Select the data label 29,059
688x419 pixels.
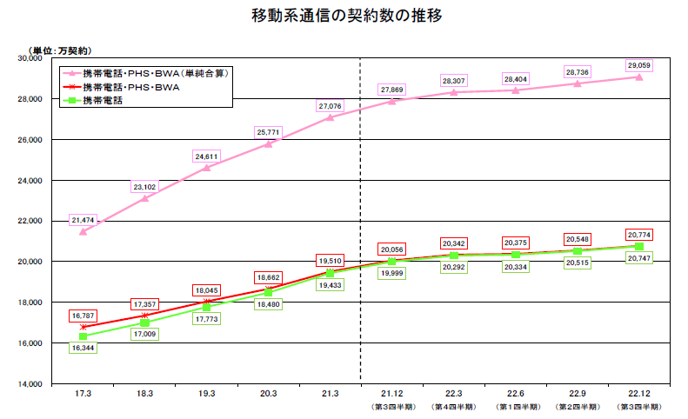[638, 65]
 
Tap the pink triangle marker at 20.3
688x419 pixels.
[268, 143]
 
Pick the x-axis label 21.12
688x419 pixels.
[391, 394]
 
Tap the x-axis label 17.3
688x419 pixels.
[83, 394]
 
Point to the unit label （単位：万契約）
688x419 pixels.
[61, 50]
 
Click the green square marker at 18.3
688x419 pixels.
[145, 322]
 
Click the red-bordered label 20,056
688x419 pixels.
[391, 248]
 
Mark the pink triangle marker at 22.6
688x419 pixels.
[515, 90]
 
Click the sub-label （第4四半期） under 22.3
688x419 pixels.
[453, 406]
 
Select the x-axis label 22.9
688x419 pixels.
[577, 394]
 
